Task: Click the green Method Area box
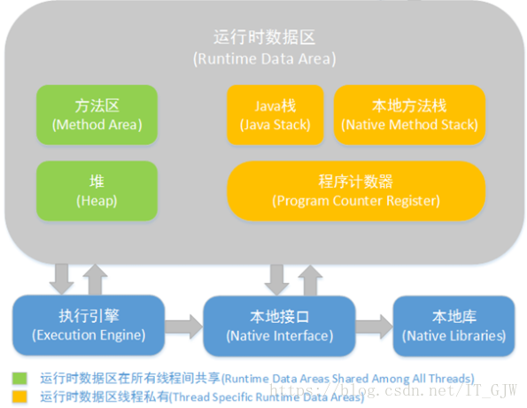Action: pos(97,114)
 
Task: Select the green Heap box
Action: pos(97,191)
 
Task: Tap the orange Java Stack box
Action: pos(275,114)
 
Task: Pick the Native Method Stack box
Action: pos(409,114)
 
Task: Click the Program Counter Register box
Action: pos(356,191)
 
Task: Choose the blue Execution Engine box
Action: pos(89,325)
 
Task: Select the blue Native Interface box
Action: pos(279,326)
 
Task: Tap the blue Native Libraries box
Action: pos(453,326)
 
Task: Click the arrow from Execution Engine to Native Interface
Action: pos(184,326)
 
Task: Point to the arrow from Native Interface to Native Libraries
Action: pos(374,326)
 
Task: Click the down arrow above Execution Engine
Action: pos(61,279)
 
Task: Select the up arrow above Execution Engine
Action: pos(95,280)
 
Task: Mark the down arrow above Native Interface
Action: pos(276,280)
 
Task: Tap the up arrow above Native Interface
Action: pos(310,280)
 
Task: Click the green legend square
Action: pos(19,378)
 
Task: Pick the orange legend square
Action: pos(19,396)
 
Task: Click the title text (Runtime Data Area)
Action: pos(265,58)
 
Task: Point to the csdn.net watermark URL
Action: pos(393,390)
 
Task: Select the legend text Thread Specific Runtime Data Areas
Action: pos(267,397)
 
